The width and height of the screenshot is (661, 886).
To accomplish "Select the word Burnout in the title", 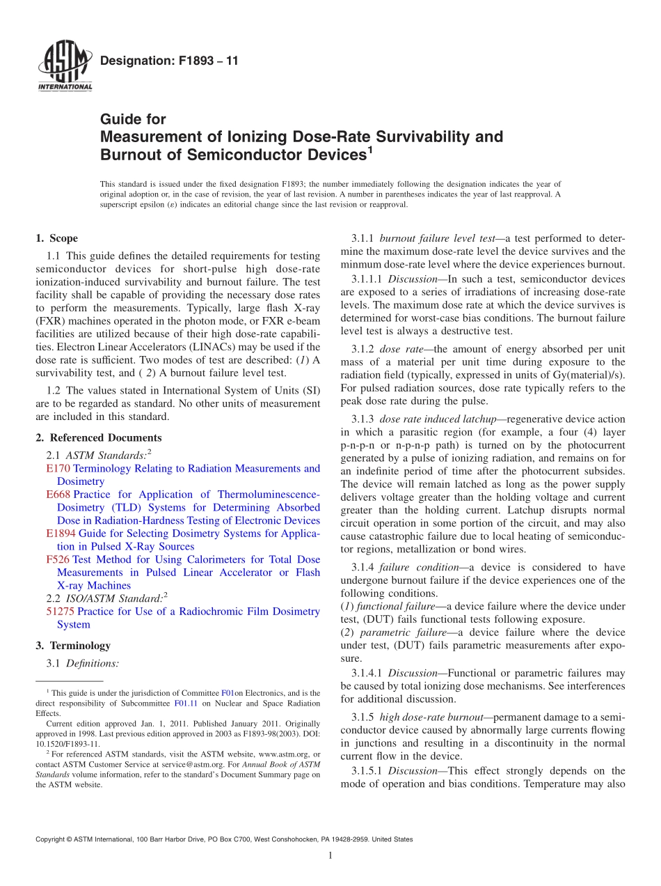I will (129, 153).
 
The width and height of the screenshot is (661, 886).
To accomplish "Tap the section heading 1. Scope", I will (57, 238).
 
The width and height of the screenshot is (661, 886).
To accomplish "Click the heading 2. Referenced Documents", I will (99, 437).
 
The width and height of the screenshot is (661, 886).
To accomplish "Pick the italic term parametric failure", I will (401, 632).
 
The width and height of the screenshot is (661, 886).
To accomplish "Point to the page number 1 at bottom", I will (330, 855).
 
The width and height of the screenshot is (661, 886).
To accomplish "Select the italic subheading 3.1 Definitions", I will (92, 664).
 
